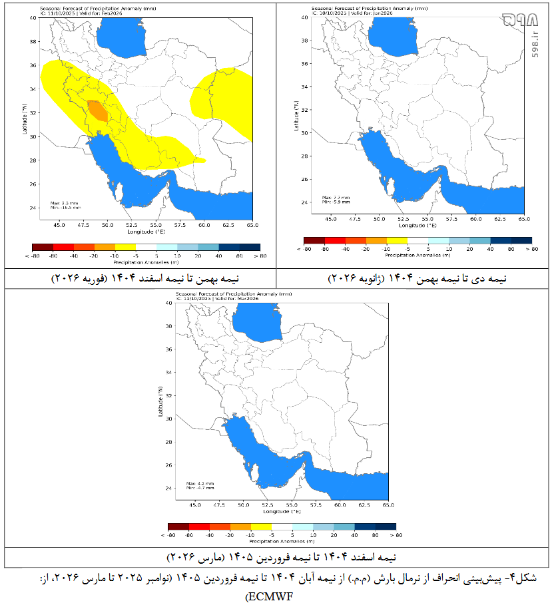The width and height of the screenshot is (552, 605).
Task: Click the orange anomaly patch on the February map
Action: [97, 110]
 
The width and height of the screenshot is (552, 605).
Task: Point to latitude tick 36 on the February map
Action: [34, 65]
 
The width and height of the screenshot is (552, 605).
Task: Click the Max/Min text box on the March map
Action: [200, 485]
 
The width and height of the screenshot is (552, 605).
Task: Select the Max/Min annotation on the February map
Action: [66, 205]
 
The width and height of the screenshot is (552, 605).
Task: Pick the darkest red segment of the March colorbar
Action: [178, 526]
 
